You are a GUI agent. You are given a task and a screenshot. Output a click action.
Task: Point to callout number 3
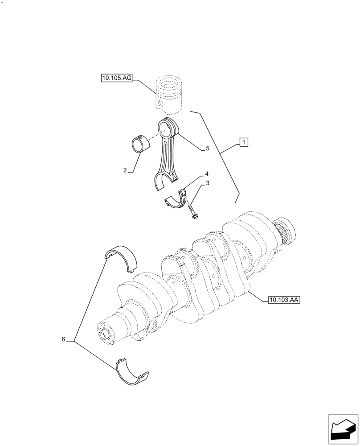208,183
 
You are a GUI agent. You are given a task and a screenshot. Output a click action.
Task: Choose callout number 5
207,149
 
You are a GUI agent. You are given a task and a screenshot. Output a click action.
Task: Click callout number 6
63,339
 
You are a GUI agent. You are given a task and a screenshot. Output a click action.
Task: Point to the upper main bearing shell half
121,258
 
